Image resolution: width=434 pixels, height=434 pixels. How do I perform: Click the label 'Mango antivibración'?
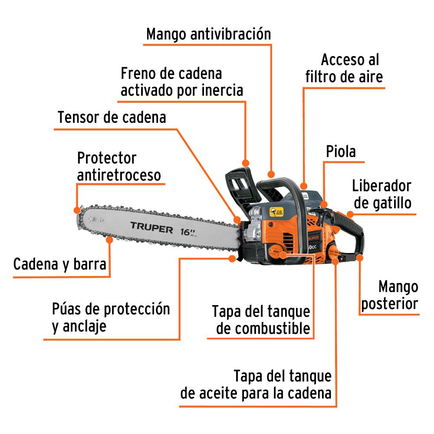tap(208, 34)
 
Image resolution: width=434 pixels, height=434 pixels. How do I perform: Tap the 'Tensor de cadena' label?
tap(112, 117)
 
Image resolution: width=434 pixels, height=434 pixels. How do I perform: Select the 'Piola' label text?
tap(341, 151)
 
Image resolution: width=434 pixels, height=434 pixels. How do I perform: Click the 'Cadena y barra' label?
tap(60, 264)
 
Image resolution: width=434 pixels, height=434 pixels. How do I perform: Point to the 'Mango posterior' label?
tap(390, 295)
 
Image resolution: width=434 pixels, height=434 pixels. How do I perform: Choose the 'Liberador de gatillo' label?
tap(382, 194)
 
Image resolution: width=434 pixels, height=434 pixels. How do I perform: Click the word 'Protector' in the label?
tap(107, 158)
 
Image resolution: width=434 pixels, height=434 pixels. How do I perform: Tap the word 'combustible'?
tap(263, 329)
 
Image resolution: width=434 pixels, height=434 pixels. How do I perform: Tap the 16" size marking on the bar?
tap(188, 232)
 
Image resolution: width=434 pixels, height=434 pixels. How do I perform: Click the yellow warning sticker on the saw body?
tap(276, 212)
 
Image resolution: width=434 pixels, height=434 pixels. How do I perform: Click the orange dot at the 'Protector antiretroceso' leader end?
tap(77, 210)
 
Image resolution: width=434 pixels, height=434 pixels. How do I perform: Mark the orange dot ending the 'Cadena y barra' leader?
tap(110, 240)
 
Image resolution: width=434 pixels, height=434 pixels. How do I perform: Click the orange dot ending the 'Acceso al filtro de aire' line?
tap(304, 186)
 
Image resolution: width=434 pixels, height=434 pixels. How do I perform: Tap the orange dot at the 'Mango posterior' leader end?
tap(359, 258)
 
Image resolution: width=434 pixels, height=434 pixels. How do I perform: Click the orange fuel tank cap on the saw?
tap(277, 252)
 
